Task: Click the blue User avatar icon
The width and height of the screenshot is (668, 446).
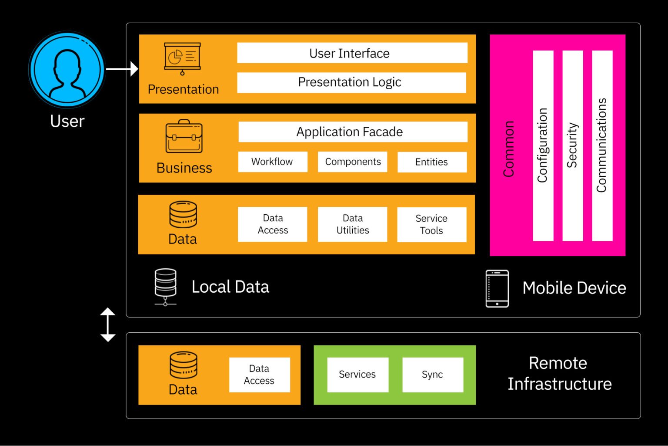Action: pyautogui.click(x=67, y=69)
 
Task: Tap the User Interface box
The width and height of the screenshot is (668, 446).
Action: pyautogui.click(x=352, y=53)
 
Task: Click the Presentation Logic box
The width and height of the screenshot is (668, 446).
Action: pyautogui.click(x=351, y=82)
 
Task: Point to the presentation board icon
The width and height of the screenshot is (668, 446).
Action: pyautogui.click(x=182, y=58)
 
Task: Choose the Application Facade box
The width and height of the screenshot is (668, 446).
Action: pyautogui.click(x=352, y=132)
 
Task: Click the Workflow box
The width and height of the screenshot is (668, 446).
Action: pyautogui.click(x=273, y=162)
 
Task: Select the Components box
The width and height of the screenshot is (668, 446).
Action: pyautogui.click(x=352, y=162)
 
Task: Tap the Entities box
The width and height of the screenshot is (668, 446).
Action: pyautogui.click(x=431, y=162)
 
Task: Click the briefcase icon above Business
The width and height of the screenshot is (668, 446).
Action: pyautogui.click(x=184, y=137)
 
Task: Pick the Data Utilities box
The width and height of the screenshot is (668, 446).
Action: pyautogui.click(x=352, y=224)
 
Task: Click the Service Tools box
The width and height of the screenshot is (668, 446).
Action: pyautogui.click(x=431, y=225)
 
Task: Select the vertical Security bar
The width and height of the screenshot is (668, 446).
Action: pyautogui.click(x=572, y=145)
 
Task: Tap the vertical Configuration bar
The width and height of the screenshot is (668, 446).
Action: pyautogui.click(x=543, y=145)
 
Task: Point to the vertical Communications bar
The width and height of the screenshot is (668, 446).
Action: pyautogui.click(x=602, y=145)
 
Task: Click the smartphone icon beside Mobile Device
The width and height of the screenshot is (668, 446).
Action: pyautogui.click(x=497, y=288)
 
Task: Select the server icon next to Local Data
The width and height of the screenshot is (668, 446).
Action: pyautogui.click(x=166, y=287)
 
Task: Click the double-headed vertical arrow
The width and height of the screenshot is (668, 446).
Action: pyautogui.click(x=108, y=324)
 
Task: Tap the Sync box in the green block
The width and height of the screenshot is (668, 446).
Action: pyautogui.click(x=432, y=375)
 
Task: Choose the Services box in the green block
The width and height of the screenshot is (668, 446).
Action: pyautogui.click(x=357, y=375)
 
